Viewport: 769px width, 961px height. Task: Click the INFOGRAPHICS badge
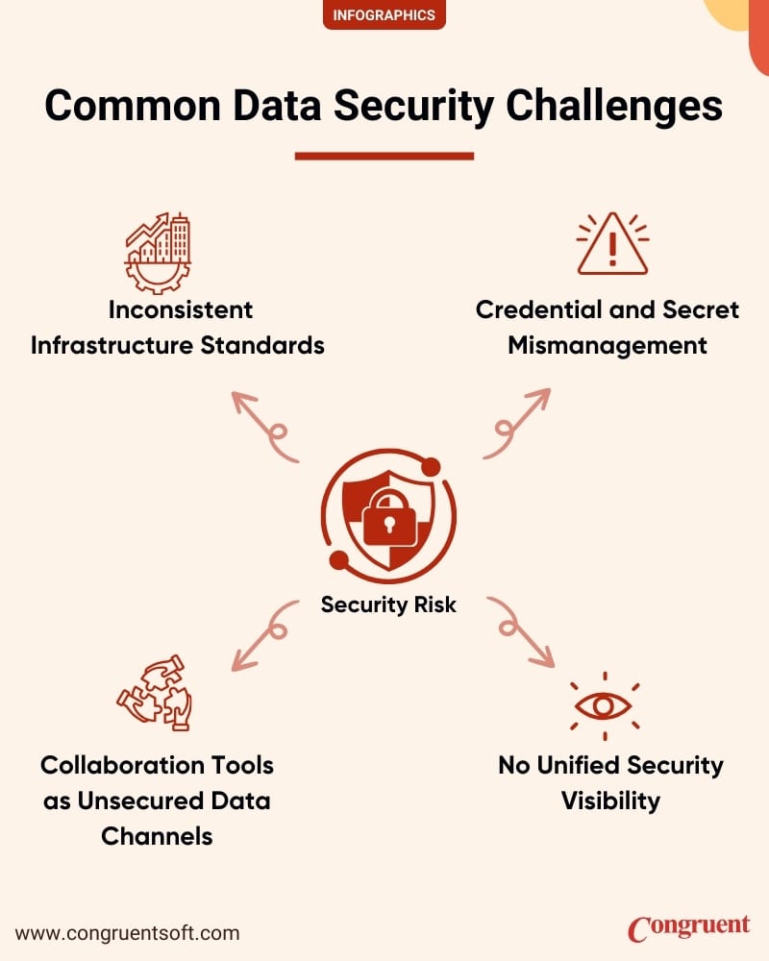(x=384, y=14)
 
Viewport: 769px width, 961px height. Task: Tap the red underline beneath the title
(x=384, y=156)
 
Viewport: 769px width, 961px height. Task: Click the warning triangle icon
(x=612, y=245)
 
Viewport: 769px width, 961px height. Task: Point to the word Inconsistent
(x=181, y=309)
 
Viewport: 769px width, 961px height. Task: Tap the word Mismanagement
(x=608, y=345)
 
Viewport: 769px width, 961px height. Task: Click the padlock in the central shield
(x=388, y=515)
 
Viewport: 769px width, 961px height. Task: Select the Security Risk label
(x=388, y=604)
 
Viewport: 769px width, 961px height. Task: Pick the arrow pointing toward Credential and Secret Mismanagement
(x=515, y=423)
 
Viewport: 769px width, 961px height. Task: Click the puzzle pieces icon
(x=154, y=694)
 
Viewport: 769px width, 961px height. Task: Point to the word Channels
(x=157, y=835)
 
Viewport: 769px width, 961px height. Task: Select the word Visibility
(x=610, y=801)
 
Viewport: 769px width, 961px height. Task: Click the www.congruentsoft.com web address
(x=128, y=932)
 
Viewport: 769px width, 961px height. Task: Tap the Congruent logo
(x=688, y=927)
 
